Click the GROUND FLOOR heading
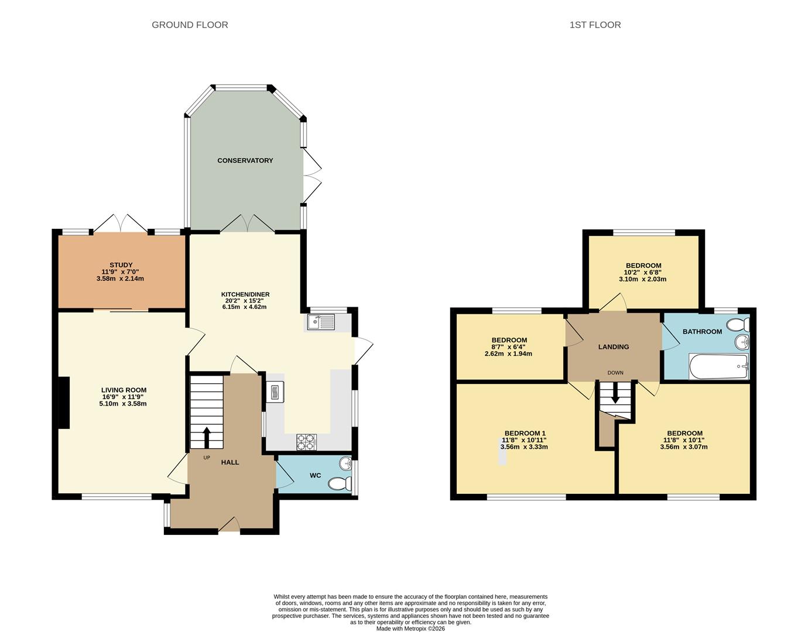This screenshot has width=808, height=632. pos(190,25)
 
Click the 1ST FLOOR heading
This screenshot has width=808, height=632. pos(595,25)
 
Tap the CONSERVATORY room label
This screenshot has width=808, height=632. pos(245,160)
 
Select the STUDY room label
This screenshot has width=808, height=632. pos(121,265)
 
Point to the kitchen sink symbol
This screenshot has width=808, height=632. pos(321,322)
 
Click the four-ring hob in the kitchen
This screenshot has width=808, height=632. pos(306,442)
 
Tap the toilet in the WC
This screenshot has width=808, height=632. pos(340,483)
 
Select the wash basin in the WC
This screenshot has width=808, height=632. pos(345,462)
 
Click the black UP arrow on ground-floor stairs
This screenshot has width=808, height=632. pos(206,437)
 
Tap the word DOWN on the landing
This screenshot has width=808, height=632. pos(615,373)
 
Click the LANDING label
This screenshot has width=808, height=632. pos(614,346)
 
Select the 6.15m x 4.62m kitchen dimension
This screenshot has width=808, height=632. pos(244,307)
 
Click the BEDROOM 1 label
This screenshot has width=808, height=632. pos(525,433)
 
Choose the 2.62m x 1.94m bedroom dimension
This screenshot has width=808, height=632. pos(508,353)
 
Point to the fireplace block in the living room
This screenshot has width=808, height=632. pos(64,403)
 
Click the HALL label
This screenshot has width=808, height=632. pos(230,462)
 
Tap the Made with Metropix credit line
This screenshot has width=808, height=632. pos(410,628)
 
